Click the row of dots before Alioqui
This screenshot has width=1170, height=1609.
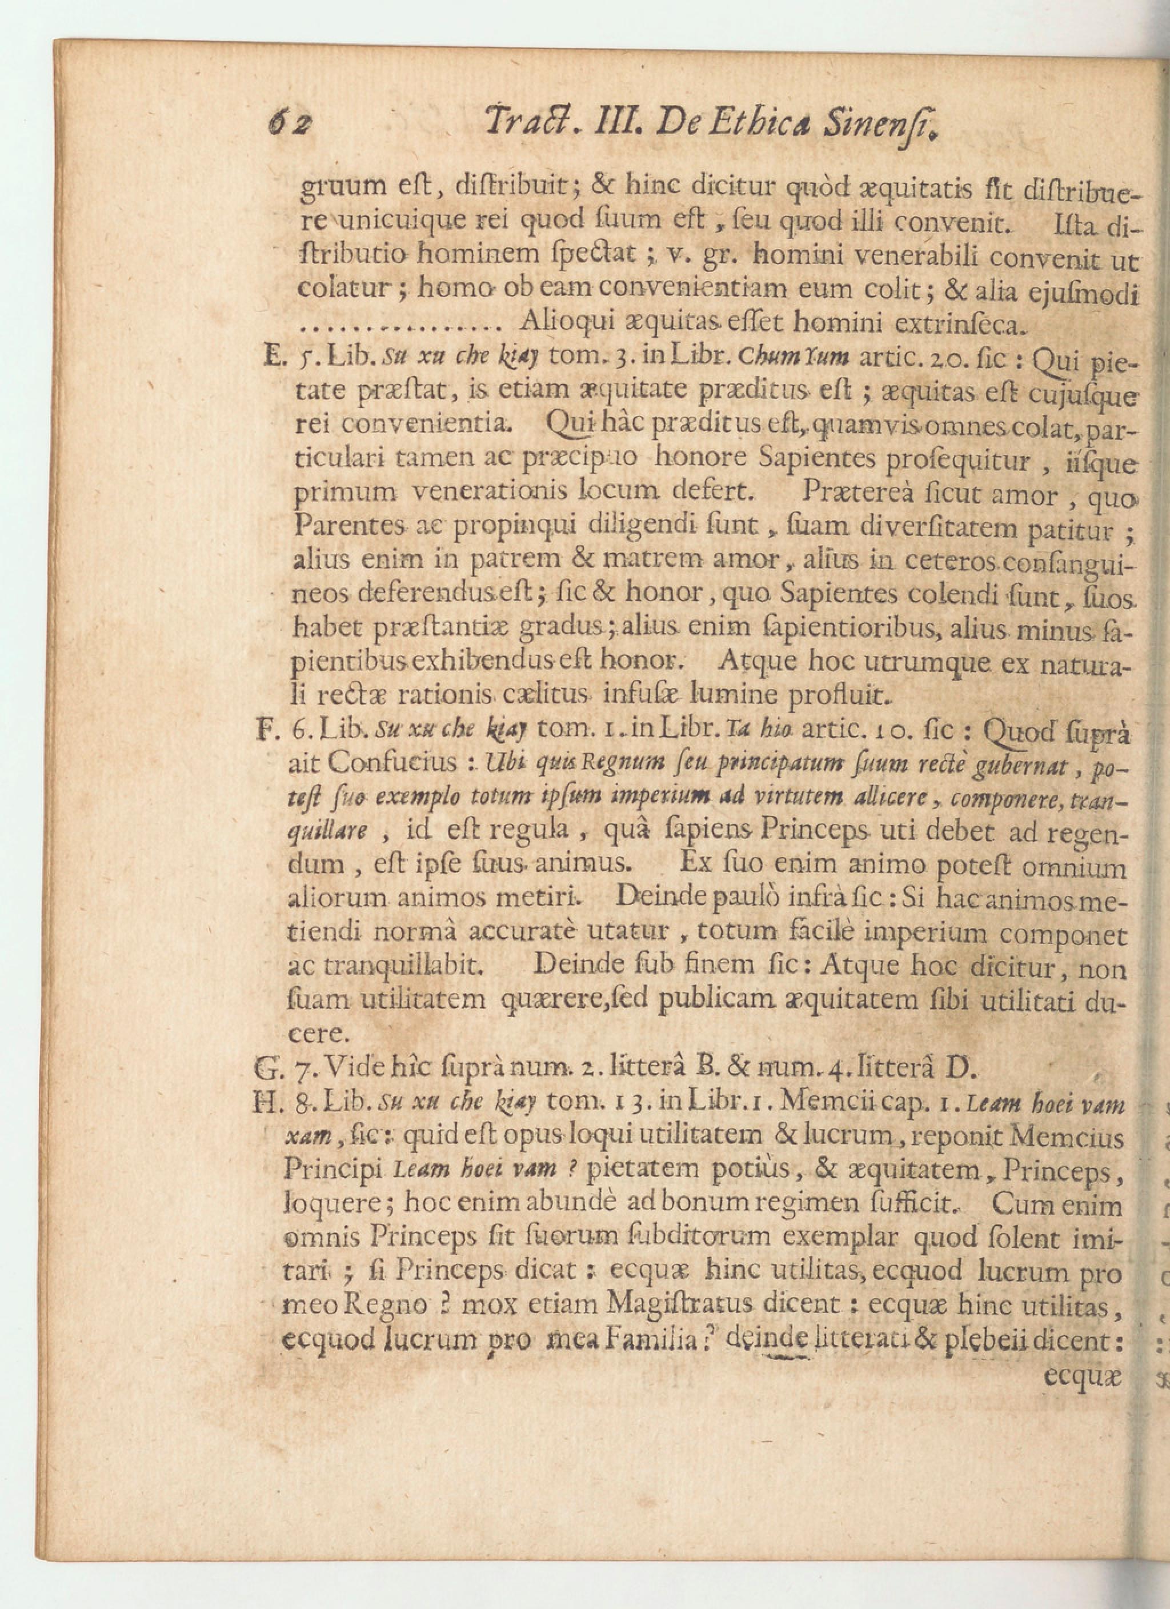[x=401, y=328]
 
